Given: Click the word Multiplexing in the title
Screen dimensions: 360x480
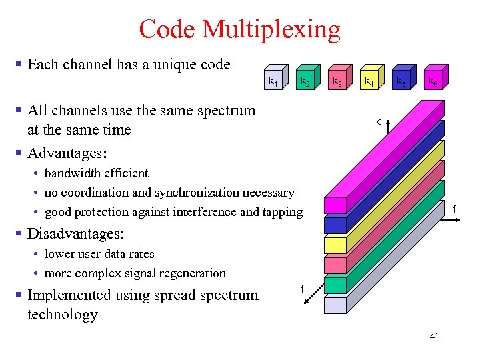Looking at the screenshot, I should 271,29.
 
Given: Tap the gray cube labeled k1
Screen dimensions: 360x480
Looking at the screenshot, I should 272,82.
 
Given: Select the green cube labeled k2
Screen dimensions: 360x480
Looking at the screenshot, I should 304,82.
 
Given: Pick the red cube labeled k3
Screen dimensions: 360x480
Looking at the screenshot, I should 337,82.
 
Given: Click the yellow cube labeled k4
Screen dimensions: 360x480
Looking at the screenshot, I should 368,82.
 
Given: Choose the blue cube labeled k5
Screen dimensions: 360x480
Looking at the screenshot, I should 400,82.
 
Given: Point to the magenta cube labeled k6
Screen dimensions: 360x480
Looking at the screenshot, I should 432,82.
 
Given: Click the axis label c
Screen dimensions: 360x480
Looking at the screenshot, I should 379,122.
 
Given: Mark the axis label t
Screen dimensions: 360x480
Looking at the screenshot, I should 302,289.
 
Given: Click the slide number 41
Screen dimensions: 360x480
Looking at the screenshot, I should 434,337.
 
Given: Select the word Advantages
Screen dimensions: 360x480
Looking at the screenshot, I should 65,153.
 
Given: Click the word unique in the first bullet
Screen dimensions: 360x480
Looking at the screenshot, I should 161,65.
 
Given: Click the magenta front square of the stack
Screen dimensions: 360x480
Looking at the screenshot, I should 335,205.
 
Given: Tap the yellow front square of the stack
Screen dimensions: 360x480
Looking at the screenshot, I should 335,245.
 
